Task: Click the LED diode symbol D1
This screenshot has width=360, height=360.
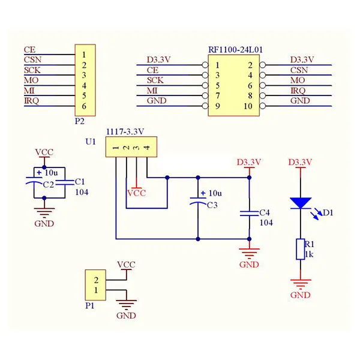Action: click(x=299, y=203)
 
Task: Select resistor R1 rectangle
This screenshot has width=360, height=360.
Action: click(x=300, y=248)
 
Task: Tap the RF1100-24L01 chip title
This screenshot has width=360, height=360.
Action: click(x=236, y=50)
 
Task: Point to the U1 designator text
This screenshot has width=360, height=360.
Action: click(x=91, y=142)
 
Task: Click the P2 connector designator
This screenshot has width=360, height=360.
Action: click(x=80, y=120)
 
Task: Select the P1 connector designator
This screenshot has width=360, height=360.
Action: click(x=89, y=305)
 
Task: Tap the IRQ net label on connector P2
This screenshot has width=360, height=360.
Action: click(x=31, y=100)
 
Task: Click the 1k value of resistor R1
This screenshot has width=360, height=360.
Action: click(x=309, y=254)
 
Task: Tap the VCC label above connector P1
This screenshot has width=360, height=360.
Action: click(x=126, y=265)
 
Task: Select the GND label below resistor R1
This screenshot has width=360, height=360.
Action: click(x=300, y=295)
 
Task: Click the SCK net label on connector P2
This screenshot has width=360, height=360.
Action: click(x=32, y=70)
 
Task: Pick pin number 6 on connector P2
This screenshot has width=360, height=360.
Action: click(x=85, y=106)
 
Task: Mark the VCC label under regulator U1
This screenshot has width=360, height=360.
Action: click(x=137, y=193)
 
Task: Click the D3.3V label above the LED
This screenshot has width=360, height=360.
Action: click(x=300, y=162)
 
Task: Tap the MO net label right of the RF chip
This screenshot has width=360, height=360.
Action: click(x=298, y=80)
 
